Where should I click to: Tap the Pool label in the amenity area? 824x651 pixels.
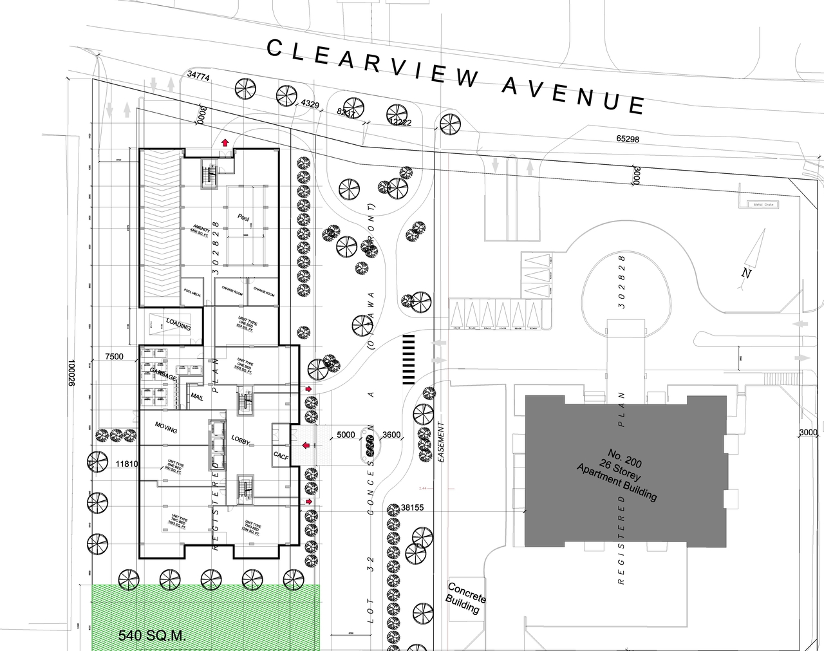pyautogui.click(x=243, y=218)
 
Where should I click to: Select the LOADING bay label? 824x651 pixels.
pyautogui.click(x=178, y=324)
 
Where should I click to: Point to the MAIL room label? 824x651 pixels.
pyautogui.click(x=197, y=398)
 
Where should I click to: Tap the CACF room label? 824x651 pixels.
pyautogui.click(x=281, y=456)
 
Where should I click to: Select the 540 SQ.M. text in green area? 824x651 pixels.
pyautogui.click(x=152, y=636)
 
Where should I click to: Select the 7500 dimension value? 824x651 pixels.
pyautogui.click(x=114, y=357)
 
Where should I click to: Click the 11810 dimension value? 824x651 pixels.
pyautogui.click(x=127, y=463)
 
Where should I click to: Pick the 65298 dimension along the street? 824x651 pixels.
pyautogui.click(x=627, y=139)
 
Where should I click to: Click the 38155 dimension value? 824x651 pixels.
pyautogui.click(x=411, y=507)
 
